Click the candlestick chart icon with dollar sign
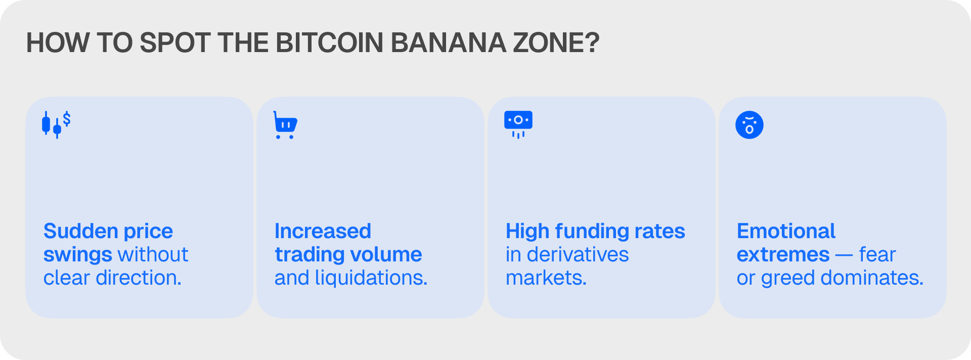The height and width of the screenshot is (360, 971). tap(56, 125)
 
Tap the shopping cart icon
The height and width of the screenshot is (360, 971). tap(285, 125)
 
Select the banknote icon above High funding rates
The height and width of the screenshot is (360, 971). tap(518, 124)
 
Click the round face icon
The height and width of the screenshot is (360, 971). tap(749, 125)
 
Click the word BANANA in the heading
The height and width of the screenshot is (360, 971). tap(449, 43)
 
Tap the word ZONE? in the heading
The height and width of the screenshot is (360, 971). tap(556, 43)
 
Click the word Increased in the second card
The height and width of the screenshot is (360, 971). tap(323, 231)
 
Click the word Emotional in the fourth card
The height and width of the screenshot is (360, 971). tap(786, 231)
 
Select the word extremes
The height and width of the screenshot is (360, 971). tap(783, 255)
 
